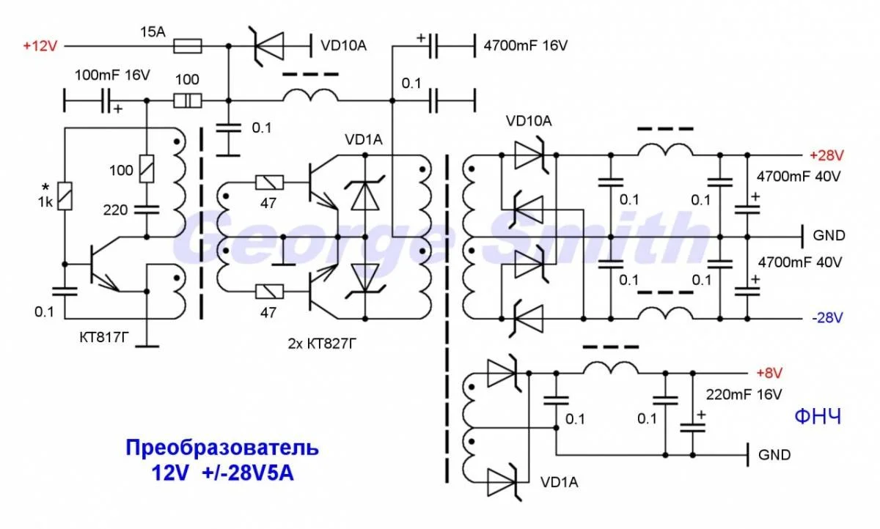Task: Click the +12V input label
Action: coord(40,45)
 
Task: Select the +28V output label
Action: coord(826,155)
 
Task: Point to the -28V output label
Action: coord(826,318)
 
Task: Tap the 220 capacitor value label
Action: coord(115,210)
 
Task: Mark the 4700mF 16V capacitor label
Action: coord(525,45)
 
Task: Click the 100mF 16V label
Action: coord(112,75)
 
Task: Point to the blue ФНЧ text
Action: coord(818,418)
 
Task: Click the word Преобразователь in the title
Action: coord(222,447)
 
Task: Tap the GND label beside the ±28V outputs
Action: coord(829,236)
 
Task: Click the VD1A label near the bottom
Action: coord(559,482)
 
